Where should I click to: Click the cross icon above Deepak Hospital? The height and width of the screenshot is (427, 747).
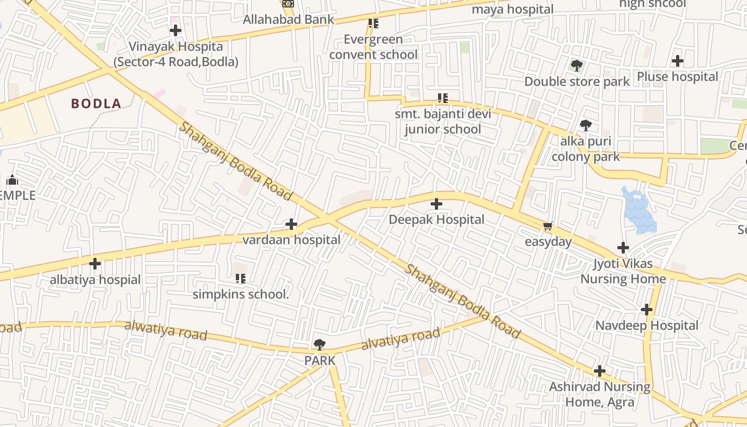[x=436, y=204]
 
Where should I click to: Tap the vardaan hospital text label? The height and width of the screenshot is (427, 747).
[x=291, y=240]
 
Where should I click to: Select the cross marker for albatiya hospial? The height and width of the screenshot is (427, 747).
[x=95, y=264]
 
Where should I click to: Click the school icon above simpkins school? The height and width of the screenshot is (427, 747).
[x=240, y=278]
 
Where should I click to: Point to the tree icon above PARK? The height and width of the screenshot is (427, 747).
[x=320, y=345]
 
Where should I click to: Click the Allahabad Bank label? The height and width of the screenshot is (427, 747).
[x=288, y=20]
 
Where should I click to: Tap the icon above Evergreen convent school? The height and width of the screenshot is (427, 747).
[x=373, y=23]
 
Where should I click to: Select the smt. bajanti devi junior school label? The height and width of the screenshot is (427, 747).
[x=443, y=122]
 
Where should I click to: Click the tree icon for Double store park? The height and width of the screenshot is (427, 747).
[x=576, y=66]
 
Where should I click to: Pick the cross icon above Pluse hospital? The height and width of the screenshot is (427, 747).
[x=678, y=61]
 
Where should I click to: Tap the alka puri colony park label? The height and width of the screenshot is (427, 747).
[x=586, y=149]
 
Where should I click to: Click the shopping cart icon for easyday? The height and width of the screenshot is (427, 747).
[x=547, y=226]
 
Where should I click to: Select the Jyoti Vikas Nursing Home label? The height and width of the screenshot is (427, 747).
[x=623, y=272]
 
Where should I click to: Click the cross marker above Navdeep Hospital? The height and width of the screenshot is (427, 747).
[x=647, y=310]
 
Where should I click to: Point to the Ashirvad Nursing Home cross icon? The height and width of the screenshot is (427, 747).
[x=600, y=371]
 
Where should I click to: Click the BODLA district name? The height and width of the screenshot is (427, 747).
[x=97, y=104]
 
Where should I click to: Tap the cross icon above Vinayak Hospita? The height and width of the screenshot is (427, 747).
[x=175, y=30]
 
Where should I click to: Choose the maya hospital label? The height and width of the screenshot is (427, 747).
[x=513, y=9]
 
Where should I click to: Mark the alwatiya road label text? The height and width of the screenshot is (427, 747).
[x=165, y=330]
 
